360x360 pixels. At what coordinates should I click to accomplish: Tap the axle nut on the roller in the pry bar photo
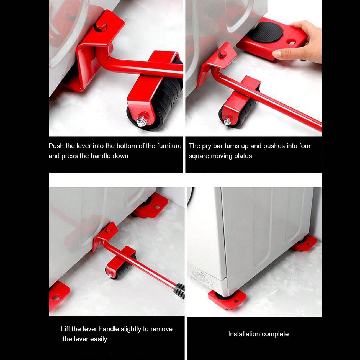coord(228,121)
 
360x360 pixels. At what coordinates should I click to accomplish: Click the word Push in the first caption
coord(56,146)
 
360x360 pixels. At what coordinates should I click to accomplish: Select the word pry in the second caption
coord(207,146)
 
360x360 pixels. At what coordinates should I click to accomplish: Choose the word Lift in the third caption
coord(65,329)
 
